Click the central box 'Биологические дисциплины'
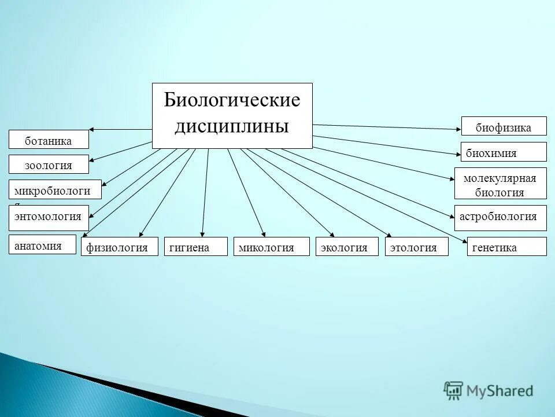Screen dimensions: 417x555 (x=232, y=115)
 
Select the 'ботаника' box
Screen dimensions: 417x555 (x=49, y=140)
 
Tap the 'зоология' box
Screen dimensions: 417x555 (x=49, y=164)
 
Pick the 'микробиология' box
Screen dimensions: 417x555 (x=55, y=189)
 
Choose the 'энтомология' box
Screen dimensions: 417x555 (x=49, y=217)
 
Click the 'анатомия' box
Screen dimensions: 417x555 (x=42, y=244)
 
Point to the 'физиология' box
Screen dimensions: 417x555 (x=119, y=247)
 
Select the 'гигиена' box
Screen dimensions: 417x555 (x=196, y=247)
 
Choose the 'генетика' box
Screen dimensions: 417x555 (x=506, y=247)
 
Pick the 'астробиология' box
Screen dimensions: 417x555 (x=500, y=217)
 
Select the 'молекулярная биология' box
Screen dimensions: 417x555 (x=500, y=185)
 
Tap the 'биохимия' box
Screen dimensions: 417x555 (x=503, y=152)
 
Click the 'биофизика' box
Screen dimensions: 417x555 (x=504, y=126)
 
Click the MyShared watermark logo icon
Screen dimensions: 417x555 (x=454, y=390)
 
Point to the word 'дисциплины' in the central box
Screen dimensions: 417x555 (x=231, y=126)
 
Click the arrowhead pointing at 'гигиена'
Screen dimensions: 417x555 (x=202, y=234)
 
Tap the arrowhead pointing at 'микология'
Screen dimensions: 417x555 (x=264, y=234)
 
